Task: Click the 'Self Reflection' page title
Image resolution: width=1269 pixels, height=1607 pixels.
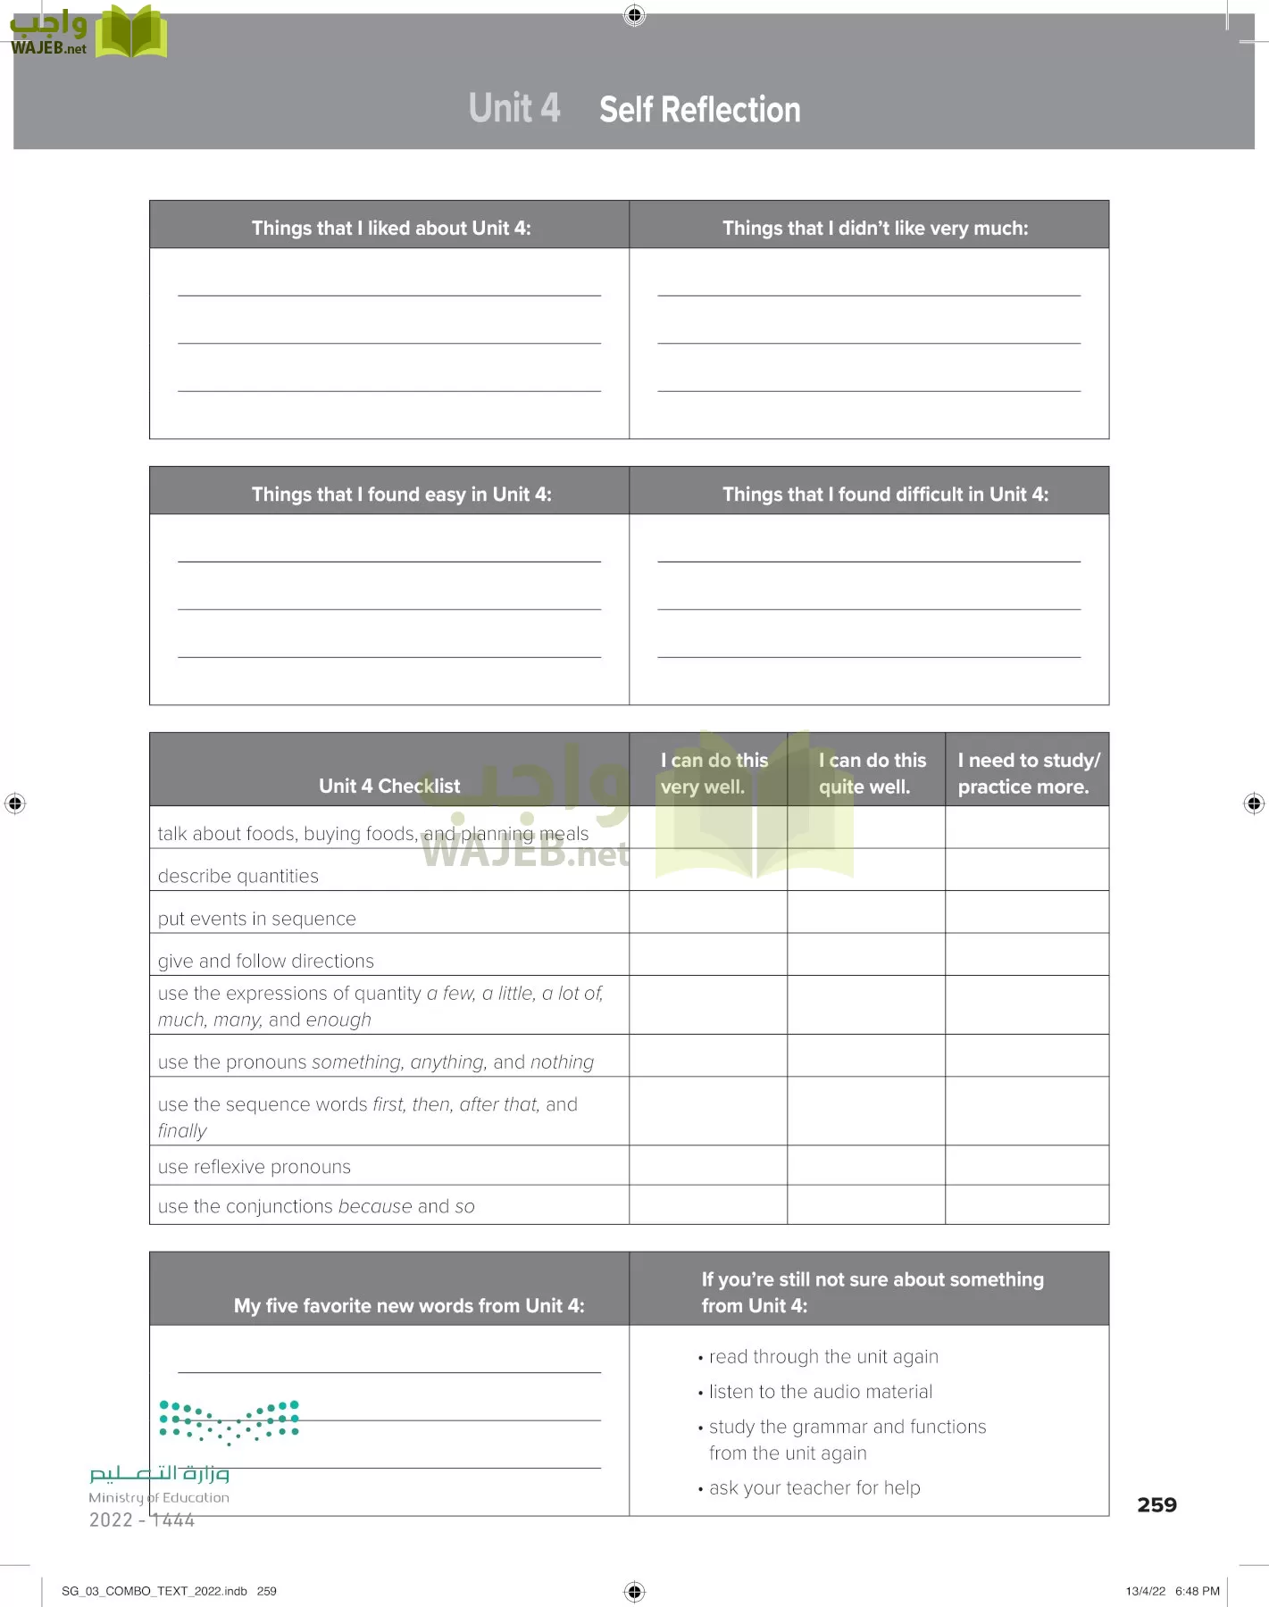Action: coord(699,110)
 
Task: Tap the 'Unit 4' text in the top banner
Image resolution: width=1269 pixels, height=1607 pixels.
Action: coord(514,108)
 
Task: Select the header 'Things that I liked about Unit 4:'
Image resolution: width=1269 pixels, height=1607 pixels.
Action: coord(390,228)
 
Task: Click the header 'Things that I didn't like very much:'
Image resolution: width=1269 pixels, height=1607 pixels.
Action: coord(874,228)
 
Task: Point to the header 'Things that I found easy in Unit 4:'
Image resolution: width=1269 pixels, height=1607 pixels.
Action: coord(401,494)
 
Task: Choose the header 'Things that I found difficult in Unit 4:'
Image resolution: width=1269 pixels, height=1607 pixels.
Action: coord(885,494)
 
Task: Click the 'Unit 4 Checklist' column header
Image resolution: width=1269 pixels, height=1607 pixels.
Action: coord(389,786)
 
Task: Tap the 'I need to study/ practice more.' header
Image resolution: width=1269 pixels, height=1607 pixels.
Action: coord(1028,773)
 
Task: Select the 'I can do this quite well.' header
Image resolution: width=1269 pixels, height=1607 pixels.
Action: coord(872,773)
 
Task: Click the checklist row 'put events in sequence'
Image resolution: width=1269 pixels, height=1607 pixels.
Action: coord(256,919)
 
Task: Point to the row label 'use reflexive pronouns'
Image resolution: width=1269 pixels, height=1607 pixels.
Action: coord(255,1167)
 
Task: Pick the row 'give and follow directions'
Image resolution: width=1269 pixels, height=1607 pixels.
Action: coord(266,961)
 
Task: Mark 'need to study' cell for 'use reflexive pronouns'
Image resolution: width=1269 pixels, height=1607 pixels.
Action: coord(1026,1165)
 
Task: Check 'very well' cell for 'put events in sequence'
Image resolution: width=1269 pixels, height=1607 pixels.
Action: coord(707,912)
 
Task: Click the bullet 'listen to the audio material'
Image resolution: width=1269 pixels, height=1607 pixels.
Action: coord(820,1391)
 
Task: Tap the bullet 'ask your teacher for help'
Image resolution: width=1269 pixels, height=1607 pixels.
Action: coord(814,1487)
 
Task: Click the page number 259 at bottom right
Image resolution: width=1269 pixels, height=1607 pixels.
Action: coord(1156,1504)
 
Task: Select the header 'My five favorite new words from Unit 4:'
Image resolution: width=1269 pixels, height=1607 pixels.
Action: coord(409,1305)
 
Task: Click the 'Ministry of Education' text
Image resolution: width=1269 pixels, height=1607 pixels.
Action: coord(159,1497)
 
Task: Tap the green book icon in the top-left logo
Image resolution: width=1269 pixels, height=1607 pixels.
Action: coord(131,32)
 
